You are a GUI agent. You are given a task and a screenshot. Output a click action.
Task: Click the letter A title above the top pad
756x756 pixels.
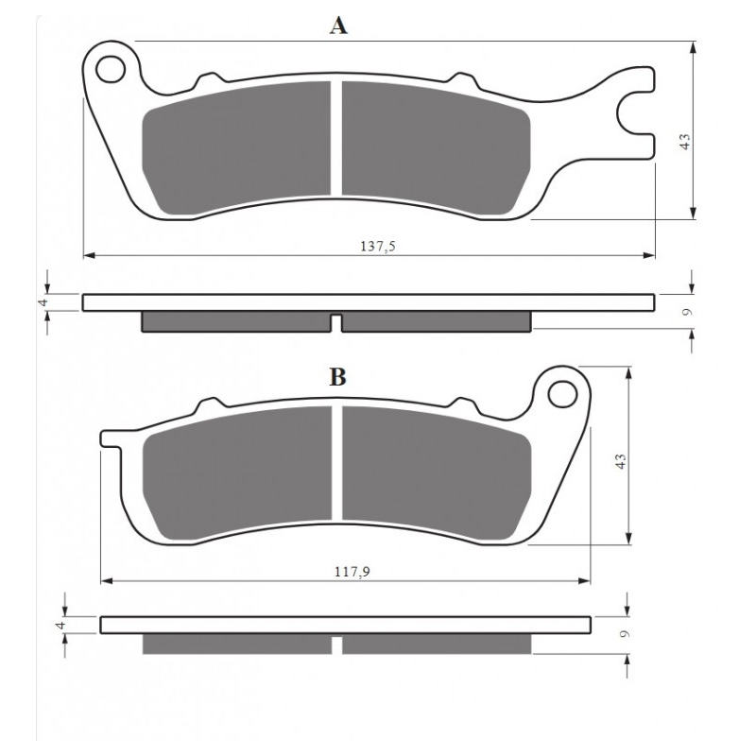click(338, 26)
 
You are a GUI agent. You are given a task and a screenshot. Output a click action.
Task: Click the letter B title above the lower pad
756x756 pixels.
click(337, 377)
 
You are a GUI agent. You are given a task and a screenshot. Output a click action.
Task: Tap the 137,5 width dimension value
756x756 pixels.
click(377, 247)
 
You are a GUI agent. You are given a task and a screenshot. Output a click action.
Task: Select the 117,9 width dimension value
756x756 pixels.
click(352, 572)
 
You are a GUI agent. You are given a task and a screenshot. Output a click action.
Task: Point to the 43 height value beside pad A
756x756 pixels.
click(685, 141)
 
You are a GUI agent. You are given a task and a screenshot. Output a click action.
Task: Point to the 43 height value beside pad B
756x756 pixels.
click(621, 461)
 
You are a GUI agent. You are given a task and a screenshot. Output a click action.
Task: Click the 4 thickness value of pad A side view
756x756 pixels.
click(43, 302)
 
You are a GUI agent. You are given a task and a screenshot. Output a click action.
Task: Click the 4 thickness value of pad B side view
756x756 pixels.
click(60, 625)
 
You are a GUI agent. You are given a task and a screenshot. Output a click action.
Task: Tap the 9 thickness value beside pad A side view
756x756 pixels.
click(688, 312)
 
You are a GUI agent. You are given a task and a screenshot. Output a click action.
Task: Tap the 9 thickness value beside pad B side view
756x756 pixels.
click(625, 634)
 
